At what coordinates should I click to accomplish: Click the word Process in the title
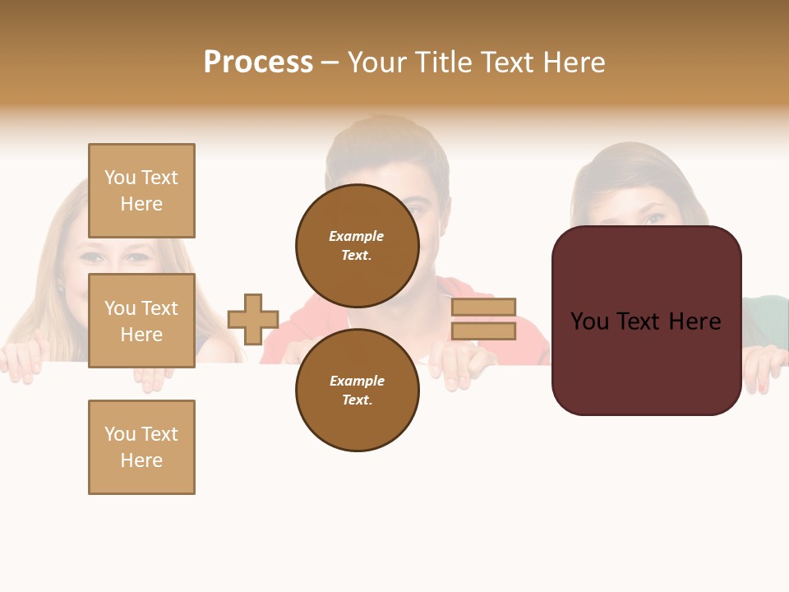(x=258, y=62)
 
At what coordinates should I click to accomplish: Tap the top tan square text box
(x=141, y=191)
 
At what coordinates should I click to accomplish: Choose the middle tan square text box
(x=141, y=321)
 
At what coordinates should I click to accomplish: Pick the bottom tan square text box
(x=141, y=447)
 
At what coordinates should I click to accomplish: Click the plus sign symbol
(x=253, y=319)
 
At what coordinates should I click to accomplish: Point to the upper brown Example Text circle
(x=358, y=245)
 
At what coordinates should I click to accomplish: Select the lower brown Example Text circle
(x=358, y=390)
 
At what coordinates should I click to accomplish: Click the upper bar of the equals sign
(x=483, y=308)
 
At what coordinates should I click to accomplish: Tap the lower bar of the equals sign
(x=483, y=331)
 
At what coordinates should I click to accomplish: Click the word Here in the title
(x=573, y=62)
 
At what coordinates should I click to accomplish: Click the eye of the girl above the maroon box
(x=653, y=220)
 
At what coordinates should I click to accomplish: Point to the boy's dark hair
(x=386, y=140)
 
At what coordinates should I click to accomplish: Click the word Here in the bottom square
(x=141, y=460)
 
